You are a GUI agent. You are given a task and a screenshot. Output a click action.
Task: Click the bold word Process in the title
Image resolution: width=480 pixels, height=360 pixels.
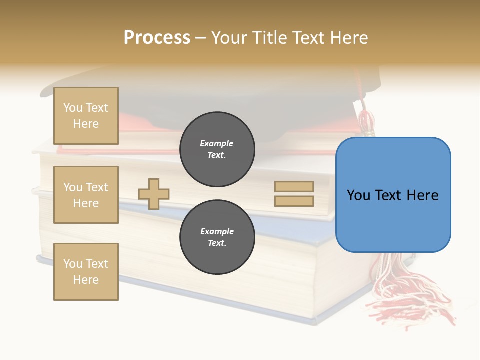click(x=157, y=37)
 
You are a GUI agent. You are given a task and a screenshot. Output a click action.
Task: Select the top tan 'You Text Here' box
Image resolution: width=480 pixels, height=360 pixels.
click(x=86, y=116)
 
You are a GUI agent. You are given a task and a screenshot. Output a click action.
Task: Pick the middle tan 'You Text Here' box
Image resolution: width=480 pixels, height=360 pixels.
click(x=86, y=195)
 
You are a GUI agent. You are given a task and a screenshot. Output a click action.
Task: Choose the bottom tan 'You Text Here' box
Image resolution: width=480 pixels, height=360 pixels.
click(x=86, y=271)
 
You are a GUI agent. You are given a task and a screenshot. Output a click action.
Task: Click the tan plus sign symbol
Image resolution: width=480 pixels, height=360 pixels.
click(x=154, y=194)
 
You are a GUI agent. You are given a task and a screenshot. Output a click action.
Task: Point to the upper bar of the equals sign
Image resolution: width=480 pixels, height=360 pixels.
click(x=294, y=186)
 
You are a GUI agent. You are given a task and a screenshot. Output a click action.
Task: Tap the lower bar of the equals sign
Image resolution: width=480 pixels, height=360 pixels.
click(x=294, y=201)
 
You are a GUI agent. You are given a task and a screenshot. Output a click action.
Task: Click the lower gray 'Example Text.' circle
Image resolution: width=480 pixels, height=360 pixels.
click(x=217, y=237)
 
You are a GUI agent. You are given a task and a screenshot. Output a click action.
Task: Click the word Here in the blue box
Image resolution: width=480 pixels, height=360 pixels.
click(x=422, y=195)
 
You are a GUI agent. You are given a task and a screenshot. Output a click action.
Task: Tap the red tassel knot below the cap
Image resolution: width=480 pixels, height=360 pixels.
click(x=366, y=120)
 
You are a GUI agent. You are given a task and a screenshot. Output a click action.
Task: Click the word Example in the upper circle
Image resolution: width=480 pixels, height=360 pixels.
click(x=216, y=143)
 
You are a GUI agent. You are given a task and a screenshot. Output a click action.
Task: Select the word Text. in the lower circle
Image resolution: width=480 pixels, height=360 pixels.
click(x=217, y=243)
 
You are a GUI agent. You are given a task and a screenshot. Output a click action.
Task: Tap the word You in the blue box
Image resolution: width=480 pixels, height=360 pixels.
click(x=358, y=195)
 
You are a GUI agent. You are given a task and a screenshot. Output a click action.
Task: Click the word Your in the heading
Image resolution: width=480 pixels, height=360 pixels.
click(x=230, y=37)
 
